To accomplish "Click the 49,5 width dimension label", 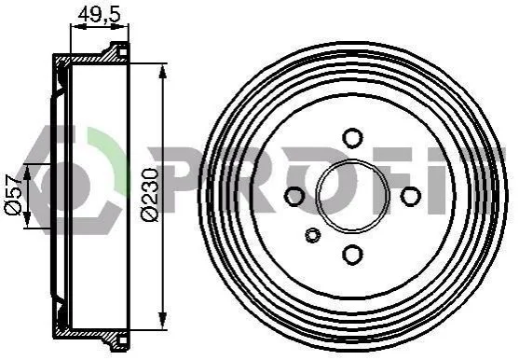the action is pos(99,14).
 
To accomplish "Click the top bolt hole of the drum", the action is pos(352,137).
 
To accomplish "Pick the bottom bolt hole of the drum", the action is pos(352,255).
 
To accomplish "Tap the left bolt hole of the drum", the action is pos(294,196).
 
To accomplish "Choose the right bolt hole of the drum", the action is pos(410,196).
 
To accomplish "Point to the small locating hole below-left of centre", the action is pos(312,235).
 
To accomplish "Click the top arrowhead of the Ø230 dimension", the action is pos(162,71).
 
